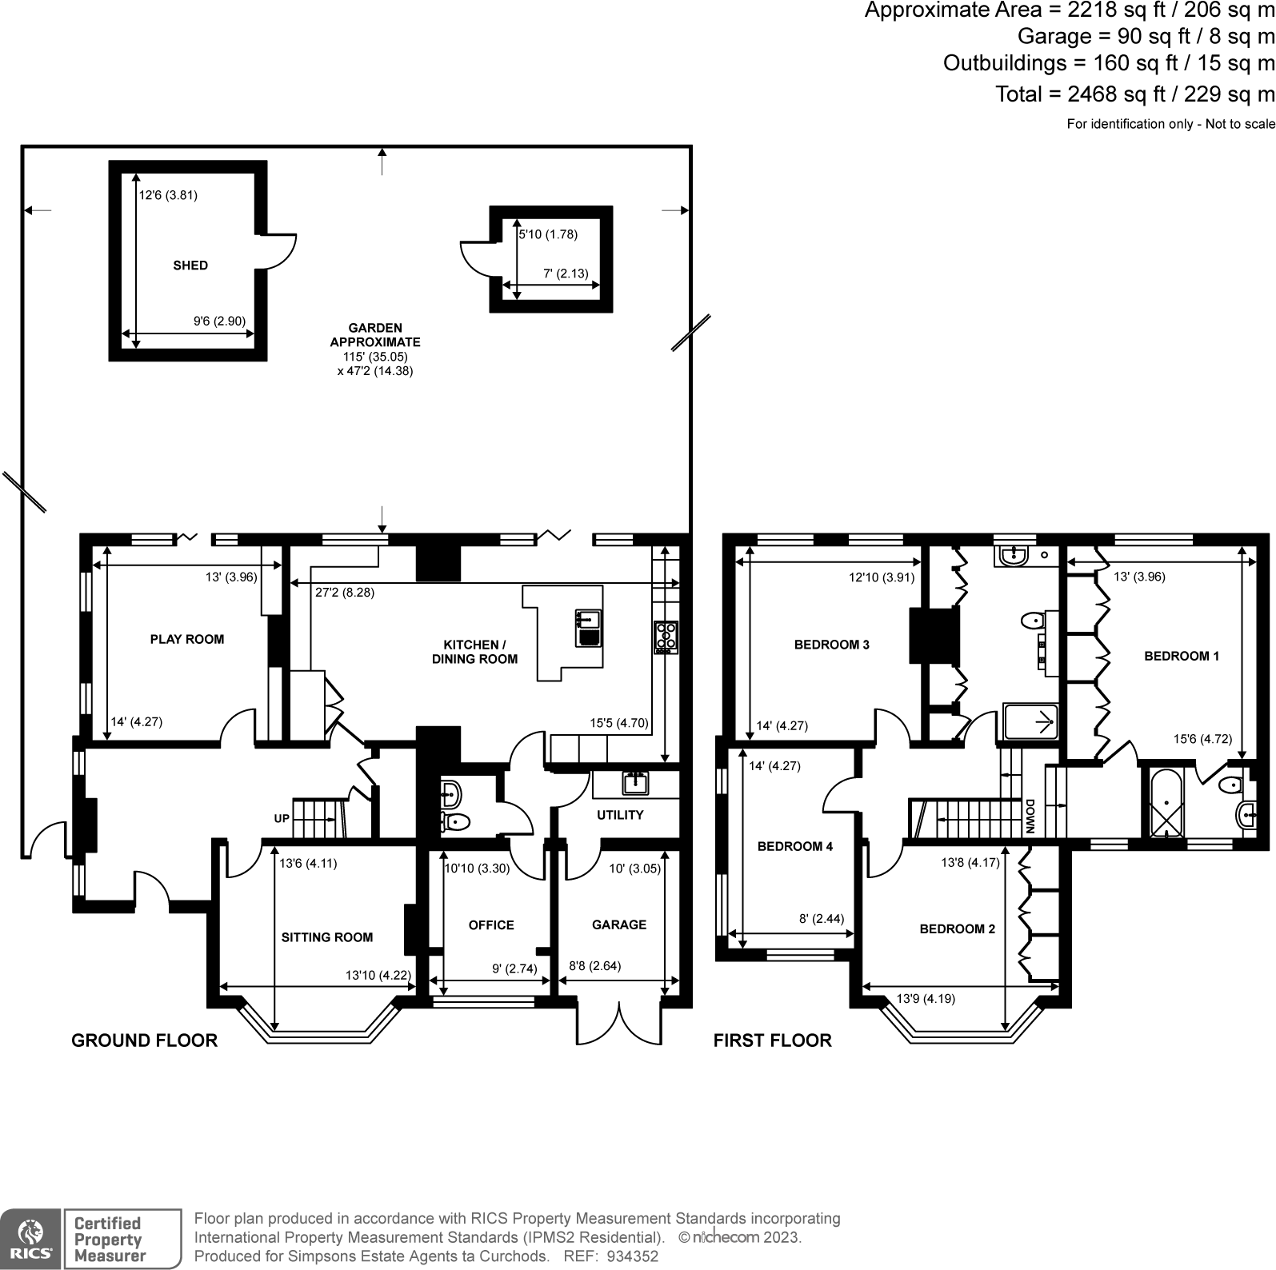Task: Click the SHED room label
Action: (190, 266)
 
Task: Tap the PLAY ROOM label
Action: (187, 639)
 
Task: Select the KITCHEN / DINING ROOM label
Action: (474, 652)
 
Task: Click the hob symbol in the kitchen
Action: (666, 637)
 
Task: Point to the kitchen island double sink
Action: (588, 627)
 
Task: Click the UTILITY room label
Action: (620, 815)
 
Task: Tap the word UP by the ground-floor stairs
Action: (282, 819)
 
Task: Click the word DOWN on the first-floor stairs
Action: (1030, 817)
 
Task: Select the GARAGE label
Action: (619, 925)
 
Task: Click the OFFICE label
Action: (491, 925)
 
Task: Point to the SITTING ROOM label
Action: (327, 937)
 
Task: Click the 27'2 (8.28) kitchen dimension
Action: (345, 593)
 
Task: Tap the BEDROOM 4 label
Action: (795, 846)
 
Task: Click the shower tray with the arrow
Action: (1030, 723)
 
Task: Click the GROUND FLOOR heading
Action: (145, 1040)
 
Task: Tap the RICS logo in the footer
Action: (30, 1239)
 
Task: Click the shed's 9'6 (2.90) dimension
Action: (219, 321)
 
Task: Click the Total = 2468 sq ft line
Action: (1134, 94)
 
